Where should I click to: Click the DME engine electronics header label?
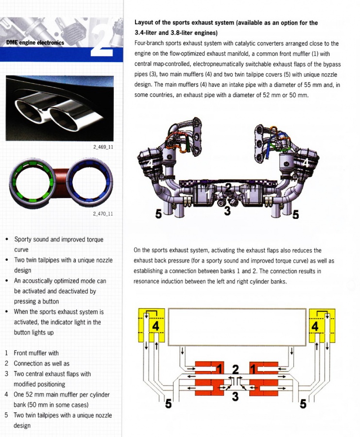click(x=34, y=42)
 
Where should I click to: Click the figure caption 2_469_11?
click(x=103, y=146)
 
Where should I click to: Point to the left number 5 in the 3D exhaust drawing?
click(x=158, y=214)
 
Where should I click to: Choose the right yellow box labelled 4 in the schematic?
click(x=317, y=326)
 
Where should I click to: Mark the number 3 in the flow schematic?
click(x=235, y=397)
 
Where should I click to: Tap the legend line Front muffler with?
click(x=36, y=353)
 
